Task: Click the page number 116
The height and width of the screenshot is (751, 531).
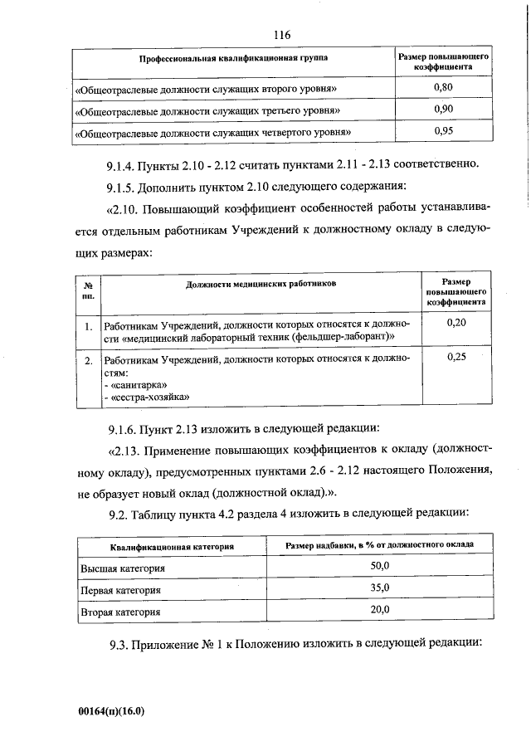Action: [x=281, y=35]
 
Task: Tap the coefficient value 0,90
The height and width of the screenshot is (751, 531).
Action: [x=443, y=109]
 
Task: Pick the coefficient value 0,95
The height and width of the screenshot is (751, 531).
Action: [x=443, y=130]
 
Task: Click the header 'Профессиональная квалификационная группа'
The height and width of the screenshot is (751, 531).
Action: [x=232, y=60]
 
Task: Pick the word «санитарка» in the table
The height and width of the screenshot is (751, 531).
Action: [x=135, y=385]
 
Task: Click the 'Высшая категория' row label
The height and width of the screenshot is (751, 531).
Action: [x=123, y=568]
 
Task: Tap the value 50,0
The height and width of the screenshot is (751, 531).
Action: [x=379, y=568]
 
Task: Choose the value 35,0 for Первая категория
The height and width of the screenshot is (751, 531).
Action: [x=379, y=589]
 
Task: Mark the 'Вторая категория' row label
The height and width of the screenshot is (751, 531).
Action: [x=120, y=612]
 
